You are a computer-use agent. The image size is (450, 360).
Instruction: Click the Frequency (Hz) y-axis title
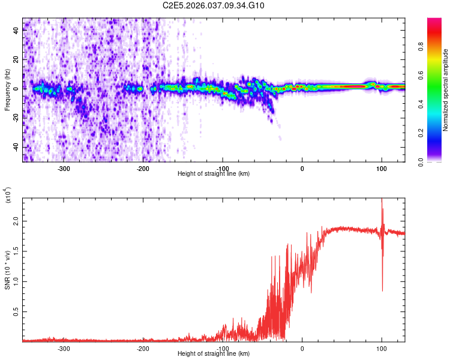(x=7, y=90)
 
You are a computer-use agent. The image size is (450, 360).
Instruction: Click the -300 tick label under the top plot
(x=64, y=169)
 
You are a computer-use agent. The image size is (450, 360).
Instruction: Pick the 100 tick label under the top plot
(x=382, y=169)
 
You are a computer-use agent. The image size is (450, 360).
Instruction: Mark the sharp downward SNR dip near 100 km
(x=382, y=289)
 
